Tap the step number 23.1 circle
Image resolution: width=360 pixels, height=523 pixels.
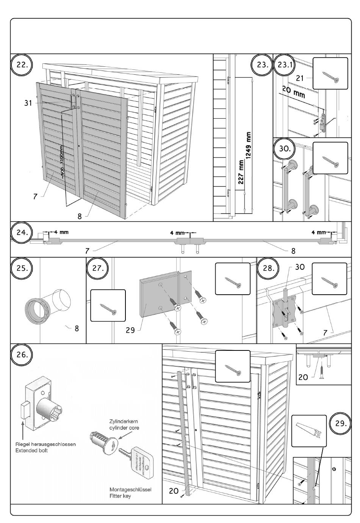point(284,64)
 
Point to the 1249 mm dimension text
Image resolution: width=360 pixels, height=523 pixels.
point(249,146)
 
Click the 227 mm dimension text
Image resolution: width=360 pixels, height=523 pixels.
point(241,172)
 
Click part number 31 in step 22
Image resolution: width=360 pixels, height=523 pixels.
point(28,103)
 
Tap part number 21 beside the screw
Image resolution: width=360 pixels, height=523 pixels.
point(300,78)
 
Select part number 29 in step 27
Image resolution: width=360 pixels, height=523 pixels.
point(130,330)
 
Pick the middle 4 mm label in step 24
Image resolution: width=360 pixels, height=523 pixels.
point(177,233)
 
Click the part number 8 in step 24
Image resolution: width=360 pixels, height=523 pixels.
point(293,251)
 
